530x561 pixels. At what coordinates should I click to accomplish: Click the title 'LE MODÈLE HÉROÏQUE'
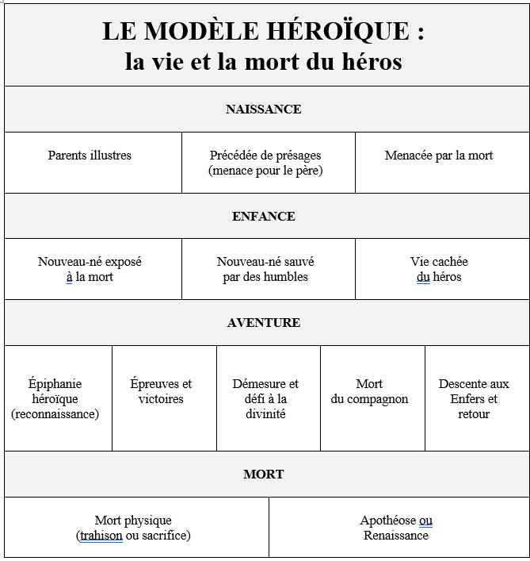pyautogui.click(x=263, y=32)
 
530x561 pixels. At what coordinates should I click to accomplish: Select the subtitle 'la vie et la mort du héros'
pyautogui.click(x=263, y=61)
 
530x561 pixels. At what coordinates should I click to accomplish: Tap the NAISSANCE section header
pyautogui.click(x=263, y=110)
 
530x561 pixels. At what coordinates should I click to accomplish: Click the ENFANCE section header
pyautogui.click(x=263, y=216)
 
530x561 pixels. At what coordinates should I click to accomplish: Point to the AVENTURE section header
pyautogui.click(x=263, y=323)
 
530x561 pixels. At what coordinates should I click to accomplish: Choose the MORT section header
pyautogui.click(x=263, y=475)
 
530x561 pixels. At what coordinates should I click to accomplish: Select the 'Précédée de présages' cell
pyautogui.click(x=265, y=163)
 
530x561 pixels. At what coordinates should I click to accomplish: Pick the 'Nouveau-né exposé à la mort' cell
pyautogui.click(x=90, y=269)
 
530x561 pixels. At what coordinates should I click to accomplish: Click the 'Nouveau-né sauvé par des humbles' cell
pyautogui.click(x=265, y=269)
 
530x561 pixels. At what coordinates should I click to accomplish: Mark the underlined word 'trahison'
pyautogui.click(x=101, y=536)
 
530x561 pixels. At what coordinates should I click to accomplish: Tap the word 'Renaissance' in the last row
pyautogui.click(x=396, y=536)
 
